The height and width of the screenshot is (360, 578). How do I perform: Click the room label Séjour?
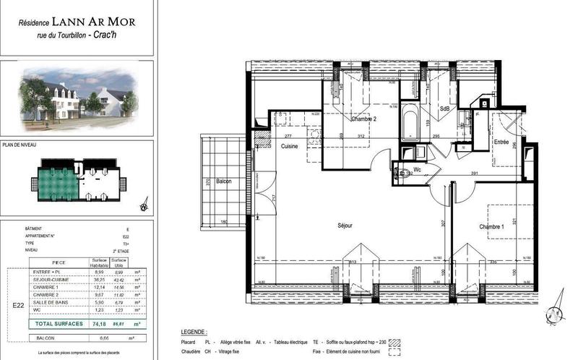(345, 226)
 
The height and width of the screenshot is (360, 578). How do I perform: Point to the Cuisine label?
(290, 147)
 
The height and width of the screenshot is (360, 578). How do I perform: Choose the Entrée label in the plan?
(501, 142)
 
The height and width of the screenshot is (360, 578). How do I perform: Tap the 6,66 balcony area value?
(99, 338)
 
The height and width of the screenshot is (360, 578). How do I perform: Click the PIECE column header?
(59, 262)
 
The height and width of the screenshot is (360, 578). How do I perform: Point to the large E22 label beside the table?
(20, 305)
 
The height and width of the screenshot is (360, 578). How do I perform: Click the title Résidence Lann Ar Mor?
(77, 21)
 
